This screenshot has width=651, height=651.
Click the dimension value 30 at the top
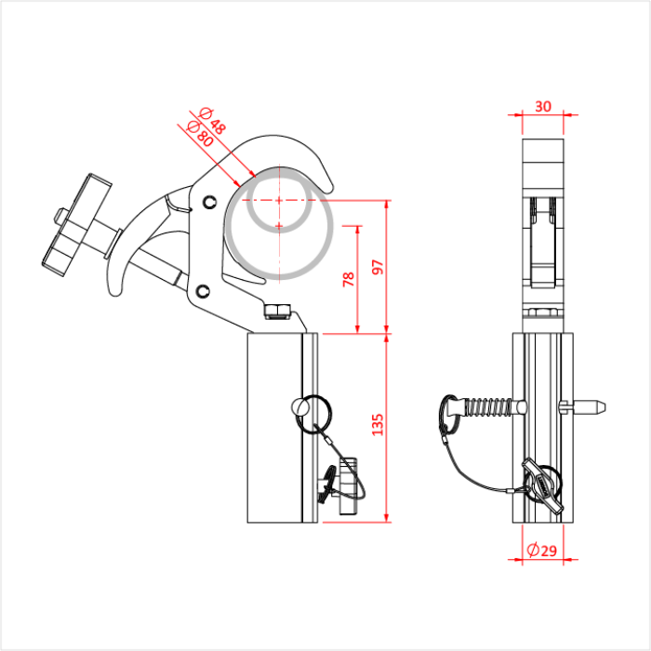pyautogui.click(x=543, y=106)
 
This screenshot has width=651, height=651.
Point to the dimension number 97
pyautogui.click(x=376, y=267)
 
